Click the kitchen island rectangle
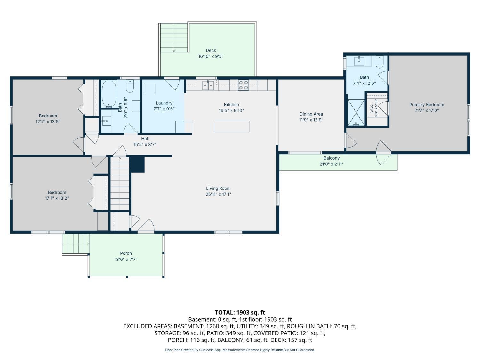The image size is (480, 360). (x=232, y=126)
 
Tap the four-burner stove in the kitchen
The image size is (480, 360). (x=244, y=85)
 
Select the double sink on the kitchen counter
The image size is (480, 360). (x=208, y=85)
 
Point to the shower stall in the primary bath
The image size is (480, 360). (x=356, y=112)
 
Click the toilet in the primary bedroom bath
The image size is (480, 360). (x=380, y=62)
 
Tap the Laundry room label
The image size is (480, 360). (x=164, y=103)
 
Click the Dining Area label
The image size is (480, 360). (x=311, y=114)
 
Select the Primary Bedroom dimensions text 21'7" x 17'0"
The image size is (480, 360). (x=427, y=110)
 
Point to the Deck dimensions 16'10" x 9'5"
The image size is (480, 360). (x=211, y=56)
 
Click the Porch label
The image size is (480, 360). (x=126, y=253)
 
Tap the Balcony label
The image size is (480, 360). (x=332, y=158)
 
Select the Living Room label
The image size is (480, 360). (x=218, y=188)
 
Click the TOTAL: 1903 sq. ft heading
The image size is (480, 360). (x=240, y=312)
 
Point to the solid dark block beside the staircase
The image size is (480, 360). (x=137, y=164)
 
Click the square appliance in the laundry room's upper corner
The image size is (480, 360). (x=149, y=88)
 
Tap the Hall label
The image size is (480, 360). (x=145, y=138)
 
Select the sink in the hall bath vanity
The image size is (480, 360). (x=107, y=121)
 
